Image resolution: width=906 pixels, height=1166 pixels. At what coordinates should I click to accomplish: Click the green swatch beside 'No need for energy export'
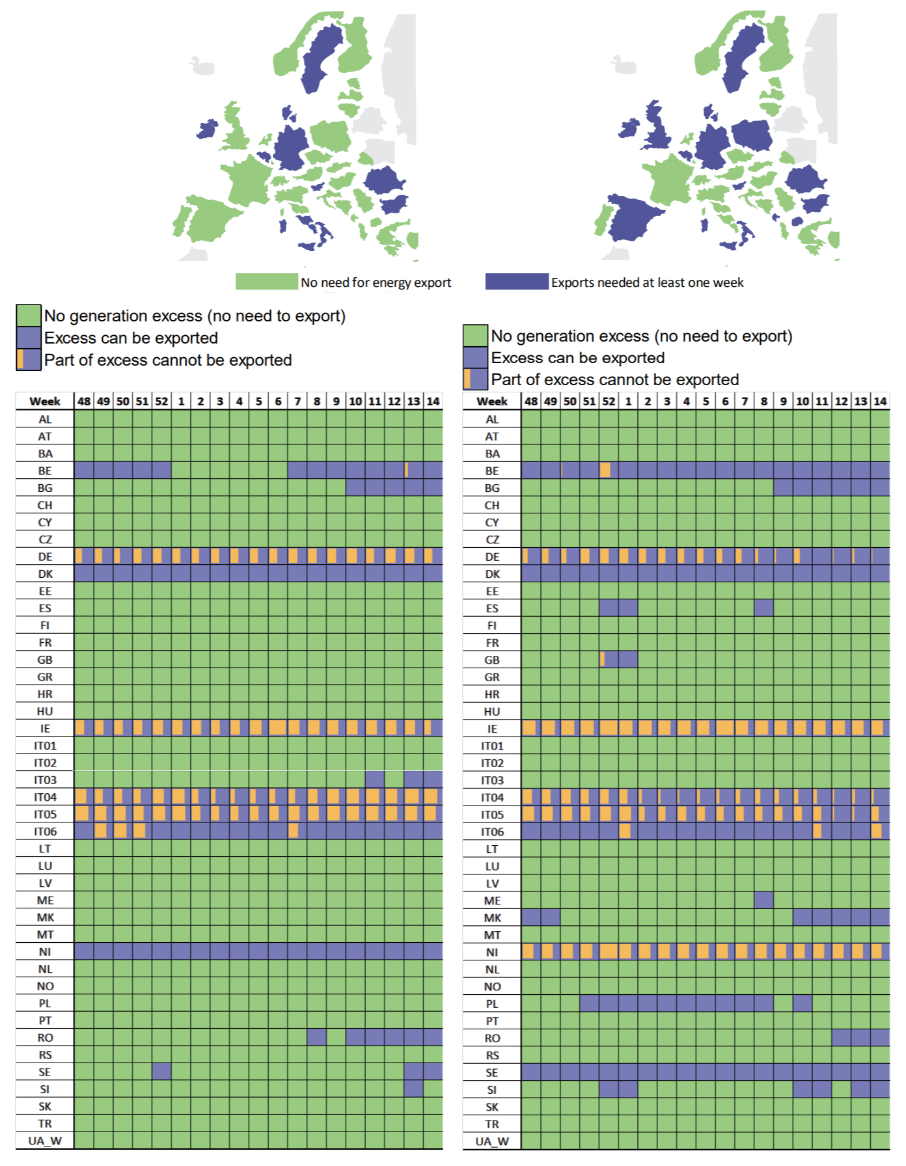click(x=266, y=282)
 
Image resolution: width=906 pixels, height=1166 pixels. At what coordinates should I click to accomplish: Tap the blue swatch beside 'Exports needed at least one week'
click(x=517, y=282)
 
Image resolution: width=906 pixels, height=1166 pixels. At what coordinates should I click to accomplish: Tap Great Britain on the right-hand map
click(x=659, y=127)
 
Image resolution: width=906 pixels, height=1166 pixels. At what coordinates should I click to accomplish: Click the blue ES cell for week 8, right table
click(x=764, y=608)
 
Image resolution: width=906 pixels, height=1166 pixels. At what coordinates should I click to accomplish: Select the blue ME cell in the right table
click(x=764, y=900)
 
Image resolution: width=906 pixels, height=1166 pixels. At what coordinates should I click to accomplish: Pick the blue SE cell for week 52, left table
click(x=161, y=1071)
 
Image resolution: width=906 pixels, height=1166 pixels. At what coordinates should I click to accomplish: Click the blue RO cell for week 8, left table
click(x=317, y=1037)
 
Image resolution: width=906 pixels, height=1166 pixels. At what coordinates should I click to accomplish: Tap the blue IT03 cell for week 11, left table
click(x=375, y=779)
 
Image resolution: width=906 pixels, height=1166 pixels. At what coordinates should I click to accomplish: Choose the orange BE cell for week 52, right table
click(x=605, y=470)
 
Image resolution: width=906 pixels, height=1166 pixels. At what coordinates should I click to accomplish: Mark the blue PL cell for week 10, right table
click(x=803, y=1003)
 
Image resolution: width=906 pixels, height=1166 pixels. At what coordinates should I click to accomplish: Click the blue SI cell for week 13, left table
click(x=413, y=1089)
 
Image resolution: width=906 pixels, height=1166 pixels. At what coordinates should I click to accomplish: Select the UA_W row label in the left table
click(x=45, y=1141)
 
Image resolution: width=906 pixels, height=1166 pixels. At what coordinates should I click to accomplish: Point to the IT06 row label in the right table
click(x=492, y=831)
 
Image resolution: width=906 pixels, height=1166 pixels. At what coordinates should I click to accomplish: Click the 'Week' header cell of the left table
click(x=45, y=401)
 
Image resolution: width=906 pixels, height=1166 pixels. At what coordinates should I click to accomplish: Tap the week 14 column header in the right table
click(x=880, y=401)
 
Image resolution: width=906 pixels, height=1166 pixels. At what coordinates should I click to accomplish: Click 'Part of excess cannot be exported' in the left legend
click(x=167, y=360)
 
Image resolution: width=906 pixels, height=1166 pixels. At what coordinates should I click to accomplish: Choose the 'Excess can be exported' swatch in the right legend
click(x=475, y=357)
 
